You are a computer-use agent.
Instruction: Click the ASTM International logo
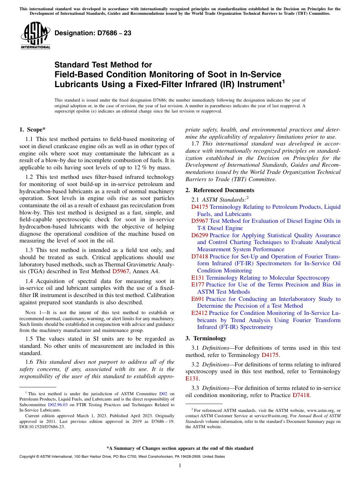(35, 36)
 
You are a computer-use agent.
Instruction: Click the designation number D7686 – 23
(93, 33)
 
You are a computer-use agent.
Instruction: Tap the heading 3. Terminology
(210, 338)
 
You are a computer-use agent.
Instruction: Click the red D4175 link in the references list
(199, 207)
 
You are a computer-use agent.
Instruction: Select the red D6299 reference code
(199, 235)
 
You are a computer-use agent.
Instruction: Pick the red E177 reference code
(198, 285)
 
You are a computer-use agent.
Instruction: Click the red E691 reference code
(198, 299)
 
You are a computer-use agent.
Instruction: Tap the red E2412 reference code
(199, 313)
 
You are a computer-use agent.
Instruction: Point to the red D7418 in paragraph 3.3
(301, 395)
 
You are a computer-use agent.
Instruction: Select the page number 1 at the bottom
(180, 466)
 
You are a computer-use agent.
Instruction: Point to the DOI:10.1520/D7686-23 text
(42, 427)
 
